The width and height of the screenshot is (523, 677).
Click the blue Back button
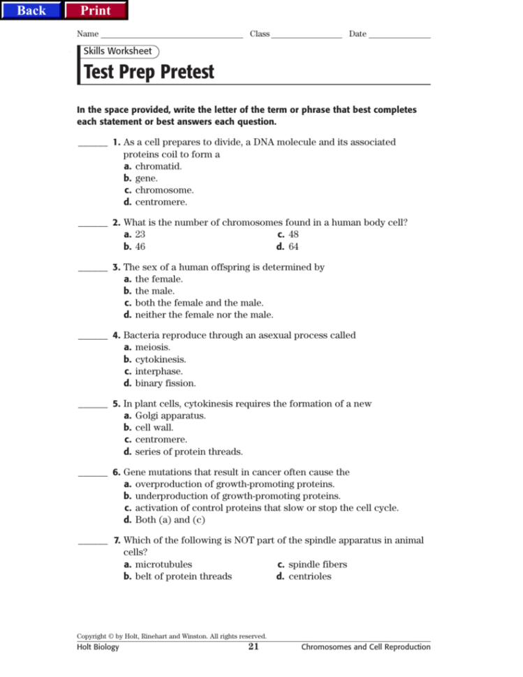click(31, 10)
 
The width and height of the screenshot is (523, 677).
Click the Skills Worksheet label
click(118, 51)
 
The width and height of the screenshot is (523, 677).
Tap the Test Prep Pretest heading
click(149, 72)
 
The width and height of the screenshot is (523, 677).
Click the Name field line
click(171, 35)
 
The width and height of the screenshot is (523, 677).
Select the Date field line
click(399, 35)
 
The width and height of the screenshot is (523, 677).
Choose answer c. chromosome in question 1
click(159, 190)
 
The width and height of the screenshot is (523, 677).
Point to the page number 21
click(253, 647)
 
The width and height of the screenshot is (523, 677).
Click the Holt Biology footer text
click(98, 648)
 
